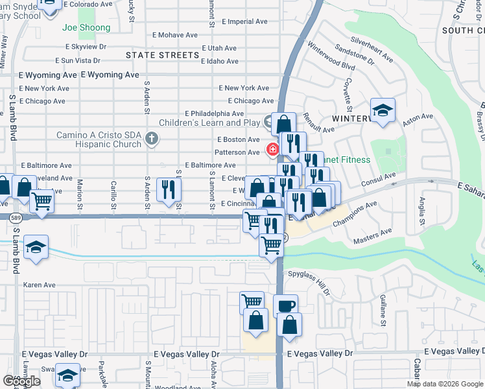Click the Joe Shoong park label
point(86,28)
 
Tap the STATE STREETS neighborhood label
point(162,55)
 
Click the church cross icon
point(151,138)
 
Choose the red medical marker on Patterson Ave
point(273,150)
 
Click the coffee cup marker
point(285,305)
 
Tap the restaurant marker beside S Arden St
point(169,189)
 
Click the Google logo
point(21,381)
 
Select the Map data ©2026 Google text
point(445,384)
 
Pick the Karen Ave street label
point(40,285)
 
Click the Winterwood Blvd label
point(331,56)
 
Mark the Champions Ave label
point(354,215)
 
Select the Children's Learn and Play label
point(209,122)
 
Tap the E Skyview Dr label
point(86,47)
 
